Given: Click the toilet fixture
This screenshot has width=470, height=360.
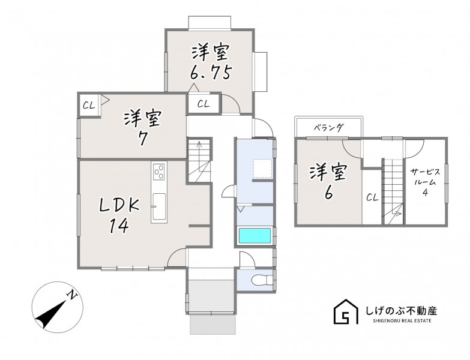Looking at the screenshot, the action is [260, 280].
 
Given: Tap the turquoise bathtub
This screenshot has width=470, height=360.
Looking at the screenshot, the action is [255, 235].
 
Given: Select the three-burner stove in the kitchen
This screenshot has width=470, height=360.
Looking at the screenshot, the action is [159, 172].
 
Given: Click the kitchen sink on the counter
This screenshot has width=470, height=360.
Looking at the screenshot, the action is [158, 207].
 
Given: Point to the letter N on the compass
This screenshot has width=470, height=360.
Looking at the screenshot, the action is [72, 295].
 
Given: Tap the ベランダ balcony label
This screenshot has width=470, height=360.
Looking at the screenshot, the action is [328, 128].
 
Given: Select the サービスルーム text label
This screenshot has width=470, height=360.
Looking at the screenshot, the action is [425, 177].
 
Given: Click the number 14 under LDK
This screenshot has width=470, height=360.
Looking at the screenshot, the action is [119, 226].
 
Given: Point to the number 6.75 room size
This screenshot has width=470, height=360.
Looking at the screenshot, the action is [211, 72].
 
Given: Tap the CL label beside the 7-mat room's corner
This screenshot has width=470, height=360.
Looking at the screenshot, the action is [89, 106].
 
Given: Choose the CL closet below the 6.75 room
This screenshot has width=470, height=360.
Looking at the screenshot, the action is [203, 104].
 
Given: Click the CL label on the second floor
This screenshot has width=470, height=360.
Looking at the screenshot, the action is [372, 197].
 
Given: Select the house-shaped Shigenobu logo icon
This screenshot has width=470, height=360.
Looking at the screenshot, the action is [346, 311].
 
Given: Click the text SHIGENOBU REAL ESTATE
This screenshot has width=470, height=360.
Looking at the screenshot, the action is [402, 321].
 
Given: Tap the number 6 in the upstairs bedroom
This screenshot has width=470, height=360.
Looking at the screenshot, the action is [328, 193].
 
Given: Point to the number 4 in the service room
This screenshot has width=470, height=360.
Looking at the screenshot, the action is [425, 192].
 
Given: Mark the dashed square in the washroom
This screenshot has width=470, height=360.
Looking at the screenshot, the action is [262, 169].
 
